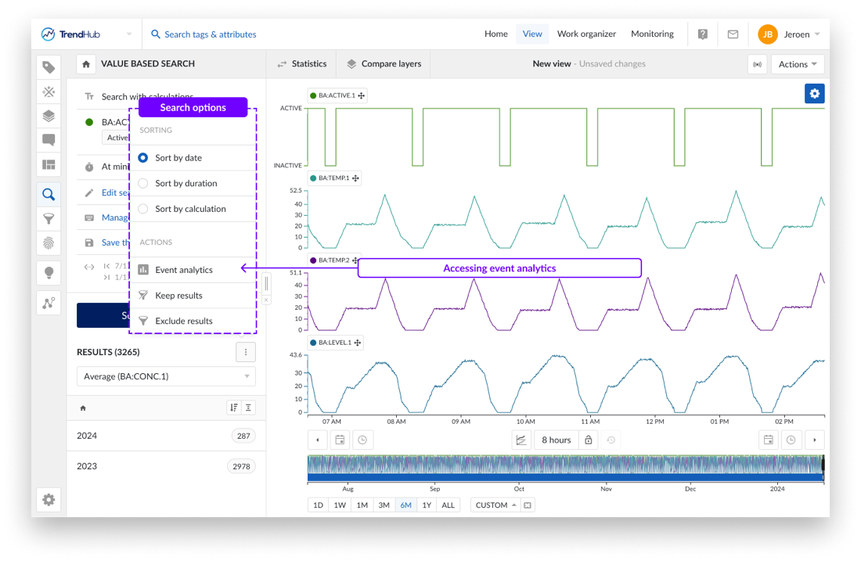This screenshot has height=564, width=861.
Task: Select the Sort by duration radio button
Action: tap(143, 183)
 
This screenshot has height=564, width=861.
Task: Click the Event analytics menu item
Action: tap(183, 270)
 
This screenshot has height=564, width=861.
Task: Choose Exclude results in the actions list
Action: tap(183, 321)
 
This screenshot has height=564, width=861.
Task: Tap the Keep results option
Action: tap(178, 296)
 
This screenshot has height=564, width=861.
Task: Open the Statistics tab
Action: tap(301, 64)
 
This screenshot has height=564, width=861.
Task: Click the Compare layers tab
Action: tap(384, 64)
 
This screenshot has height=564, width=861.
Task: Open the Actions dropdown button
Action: tap(798, 64)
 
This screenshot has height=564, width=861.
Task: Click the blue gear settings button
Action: tap(815, 94)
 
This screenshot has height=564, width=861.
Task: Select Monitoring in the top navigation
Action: tap(652, 34)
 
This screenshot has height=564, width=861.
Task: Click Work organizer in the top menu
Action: tap(586, 34)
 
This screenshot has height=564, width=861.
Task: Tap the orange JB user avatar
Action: tap(767, 34)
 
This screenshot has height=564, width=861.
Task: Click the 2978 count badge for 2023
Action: tap(241, 466)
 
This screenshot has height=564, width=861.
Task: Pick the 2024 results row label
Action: tap(87, 436)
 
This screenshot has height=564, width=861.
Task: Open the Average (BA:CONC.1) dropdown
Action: tap(167, 376)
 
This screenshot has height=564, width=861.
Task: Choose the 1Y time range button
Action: tap(427, 505)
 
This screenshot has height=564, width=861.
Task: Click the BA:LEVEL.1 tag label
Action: tap(335, 343)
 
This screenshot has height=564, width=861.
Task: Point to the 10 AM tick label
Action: tap(526, 421)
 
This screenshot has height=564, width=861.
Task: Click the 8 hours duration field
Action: tap(556, 440)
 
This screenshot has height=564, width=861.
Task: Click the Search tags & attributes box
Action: tap(210, 34)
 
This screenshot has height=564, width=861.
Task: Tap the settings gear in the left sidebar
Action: tap(49, 499)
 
